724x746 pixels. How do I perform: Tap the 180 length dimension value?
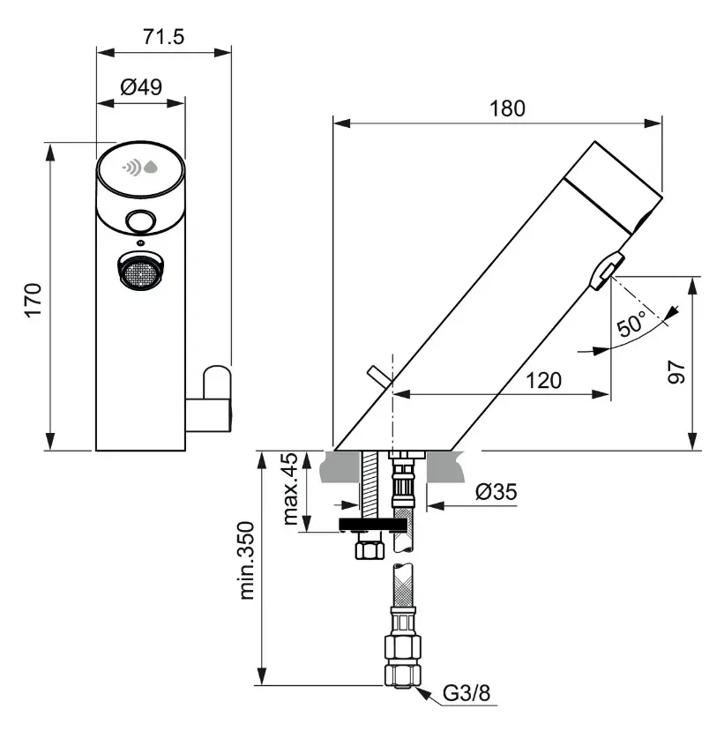[x=507, y=108]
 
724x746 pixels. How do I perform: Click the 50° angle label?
[x=632, y=324]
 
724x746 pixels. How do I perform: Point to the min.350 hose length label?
[x=248, y=561]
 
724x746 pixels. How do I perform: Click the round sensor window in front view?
[x=139, y=220]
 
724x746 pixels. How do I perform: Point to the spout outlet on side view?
[x=605, y=270]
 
